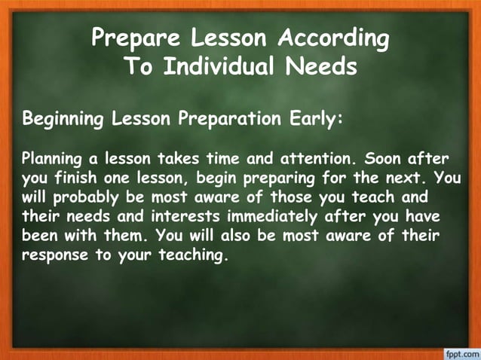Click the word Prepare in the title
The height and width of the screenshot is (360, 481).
point(131,38)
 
